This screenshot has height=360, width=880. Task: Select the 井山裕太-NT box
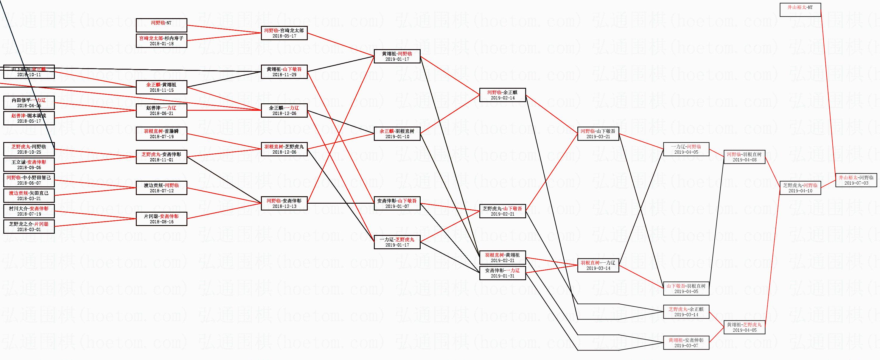click(800, 10)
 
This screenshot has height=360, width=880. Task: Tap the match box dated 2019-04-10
click(800, 188)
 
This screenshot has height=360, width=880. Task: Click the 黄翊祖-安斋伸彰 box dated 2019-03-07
click(686, 342)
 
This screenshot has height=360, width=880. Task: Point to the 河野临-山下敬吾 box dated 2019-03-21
click(598, 133)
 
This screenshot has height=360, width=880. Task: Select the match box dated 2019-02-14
click(502, 95)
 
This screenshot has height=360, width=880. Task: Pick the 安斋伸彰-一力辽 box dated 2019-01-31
click(502, 273)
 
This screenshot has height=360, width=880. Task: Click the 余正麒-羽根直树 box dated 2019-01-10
click(397, 133)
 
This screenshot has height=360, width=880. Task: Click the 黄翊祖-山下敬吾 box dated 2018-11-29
click(284, 72)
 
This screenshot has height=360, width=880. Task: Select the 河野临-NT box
click(161, 25)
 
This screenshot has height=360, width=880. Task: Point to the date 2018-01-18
click(161, 44)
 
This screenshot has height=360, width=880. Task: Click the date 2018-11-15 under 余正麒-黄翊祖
click(161, 90)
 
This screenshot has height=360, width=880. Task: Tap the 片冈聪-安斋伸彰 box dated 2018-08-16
click(161, 219)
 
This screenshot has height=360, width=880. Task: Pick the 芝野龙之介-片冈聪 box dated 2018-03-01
click(29, 226)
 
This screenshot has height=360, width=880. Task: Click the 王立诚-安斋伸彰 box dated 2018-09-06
click(29, 165)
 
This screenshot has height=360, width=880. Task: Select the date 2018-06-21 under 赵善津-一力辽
click(161, 113)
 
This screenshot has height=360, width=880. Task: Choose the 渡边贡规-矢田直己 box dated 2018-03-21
click(29, 195)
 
